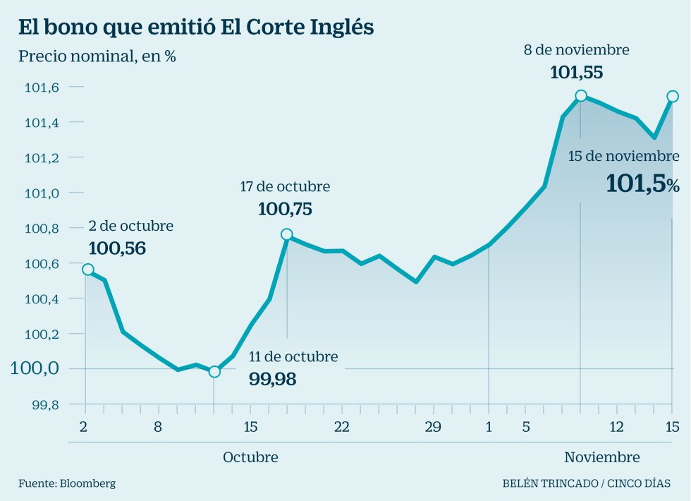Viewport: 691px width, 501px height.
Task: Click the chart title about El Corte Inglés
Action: coord(196,28)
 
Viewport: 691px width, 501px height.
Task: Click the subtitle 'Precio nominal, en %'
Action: coord(97,56)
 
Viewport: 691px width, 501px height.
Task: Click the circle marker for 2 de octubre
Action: coord(87,270)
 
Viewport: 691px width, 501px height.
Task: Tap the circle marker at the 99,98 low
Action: coord(215,371)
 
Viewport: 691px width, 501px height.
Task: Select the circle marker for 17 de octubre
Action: coord(286,234)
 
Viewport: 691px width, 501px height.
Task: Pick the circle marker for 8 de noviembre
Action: coord(580,95)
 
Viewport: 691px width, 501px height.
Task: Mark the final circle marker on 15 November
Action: coord(673,96)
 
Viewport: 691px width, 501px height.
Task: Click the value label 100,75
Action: coord(285,209)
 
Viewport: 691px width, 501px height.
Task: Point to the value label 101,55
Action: coord(576,72)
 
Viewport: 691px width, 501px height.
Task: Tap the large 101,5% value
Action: coord(642,184)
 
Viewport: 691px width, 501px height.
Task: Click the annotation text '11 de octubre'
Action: coord(293,356)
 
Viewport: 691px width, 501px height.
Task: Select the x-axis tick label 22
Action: coord(341,427)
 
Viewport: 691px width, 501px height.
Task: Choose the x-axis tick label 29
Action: coord(433,427)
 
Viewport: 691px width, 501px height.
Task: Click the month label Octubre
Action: coord(250,457)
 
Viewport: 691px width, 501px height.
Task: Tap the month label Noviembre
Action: coord(602,457)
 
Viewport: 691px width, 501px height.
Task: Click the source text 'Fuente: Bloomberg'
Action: coord(67,483)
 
